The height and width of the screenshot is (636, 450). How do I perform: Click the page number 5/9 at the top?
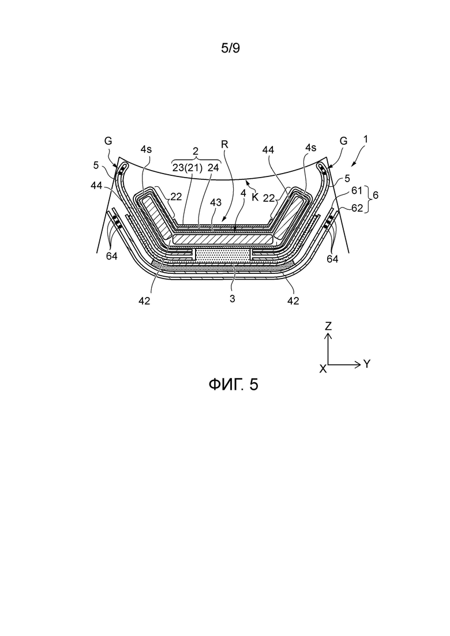pos(230,48)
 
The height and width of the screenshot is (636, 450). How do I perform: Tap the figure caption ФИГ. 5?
pos(233,384)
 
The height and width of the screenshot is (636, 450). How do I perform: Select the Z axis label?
pos(328,326)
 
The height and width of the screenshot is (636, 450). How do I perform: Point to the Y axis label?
pos(367,364)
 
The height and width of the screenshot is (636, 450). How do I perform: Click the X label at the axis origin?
pos(324,368)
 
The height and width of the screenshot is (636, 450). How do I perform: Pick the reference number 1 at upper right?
pos(365,139)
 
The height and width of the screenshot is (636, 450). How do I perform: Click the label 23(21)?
pos(187,168)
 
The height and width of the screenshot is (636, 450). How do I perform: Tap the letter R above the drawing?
pos(225,144)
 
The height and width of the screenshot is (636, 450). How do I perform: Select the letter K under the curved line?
pos(255,197)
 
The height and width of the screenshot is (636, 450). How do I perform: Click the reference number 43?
pos(215,202)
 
